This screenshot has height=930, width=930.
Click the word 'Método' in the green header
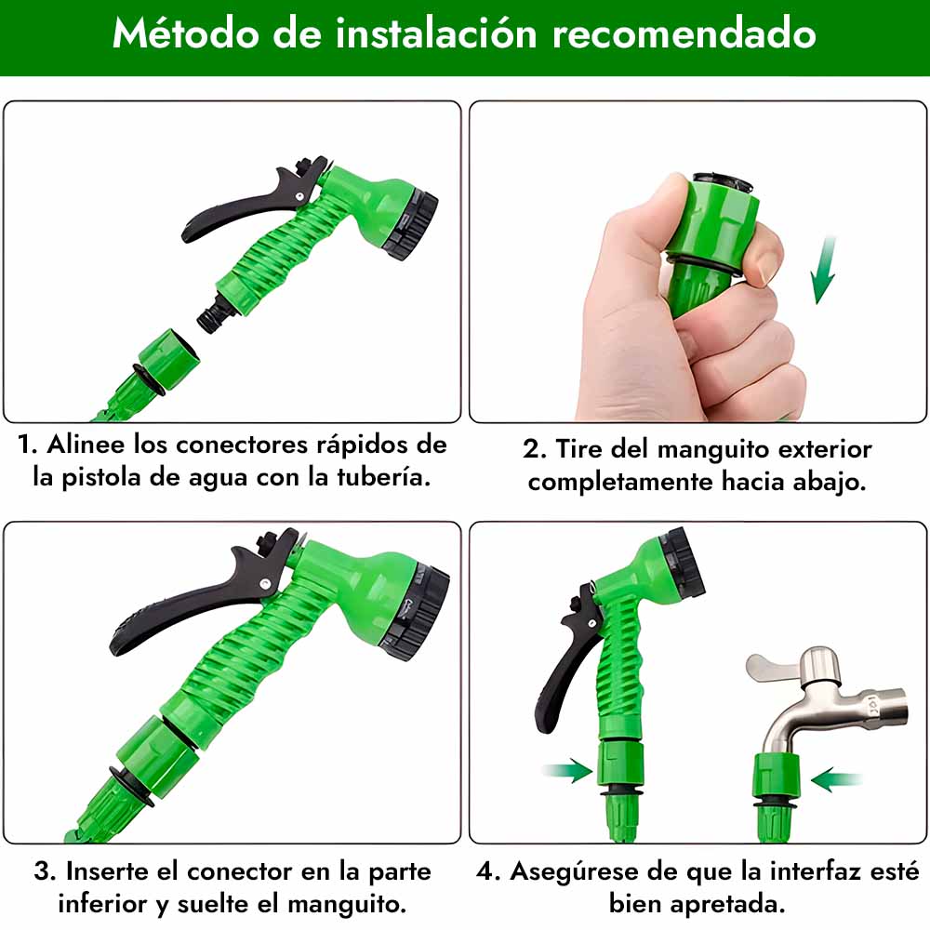[186, 33]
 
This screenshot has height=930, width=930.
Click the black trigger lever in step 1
[249, 205]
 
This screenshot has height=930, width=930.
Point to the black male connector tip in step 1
[212, 314]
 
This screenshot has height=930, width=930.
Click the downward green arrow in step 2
[823, 271]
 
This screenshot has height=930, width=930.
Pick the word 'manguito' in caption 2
[713, 449]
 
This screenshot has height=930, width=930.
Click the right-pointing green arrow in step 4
[567, 770]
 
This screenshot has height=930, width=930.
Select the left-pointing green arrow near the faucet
[836, 779]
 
